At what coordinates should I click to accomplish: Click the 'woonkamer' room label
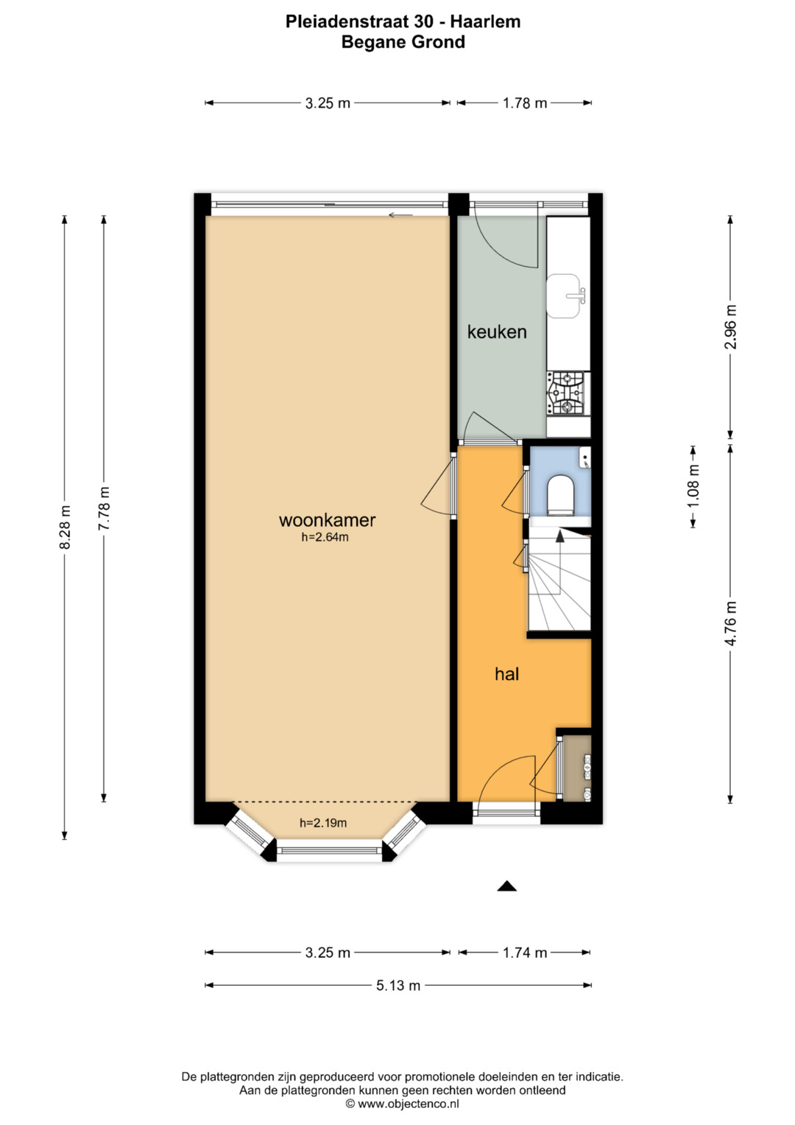(x=328, y=520)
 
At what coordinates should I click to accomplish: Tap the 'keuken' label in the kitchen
(x=497, y=332)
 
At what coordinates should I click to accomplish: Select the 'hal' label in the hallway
(x=507, y=673)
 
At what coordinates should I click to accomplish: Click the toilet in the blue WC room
(x=560, y=496)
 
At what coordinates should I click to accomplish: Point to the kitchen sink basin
(x=563, y=296)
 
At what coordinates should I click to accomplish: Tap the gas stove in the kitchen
(x=568, y=393)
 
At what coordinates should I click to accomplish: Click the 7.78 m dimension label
(x=105, y=508)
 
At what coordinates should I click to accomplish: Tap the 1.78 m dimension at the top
(x=525, y=103)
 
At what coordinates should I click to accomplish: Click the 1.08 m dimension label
(x=693, y=486)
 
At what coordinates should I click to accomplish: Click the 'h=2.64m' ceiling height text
(x=325, y=537)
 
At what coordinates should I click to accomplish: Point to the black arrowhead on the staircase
(x=559, y=536)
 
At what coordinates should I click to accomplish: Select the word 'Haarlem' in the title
(x=485, y=21)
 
